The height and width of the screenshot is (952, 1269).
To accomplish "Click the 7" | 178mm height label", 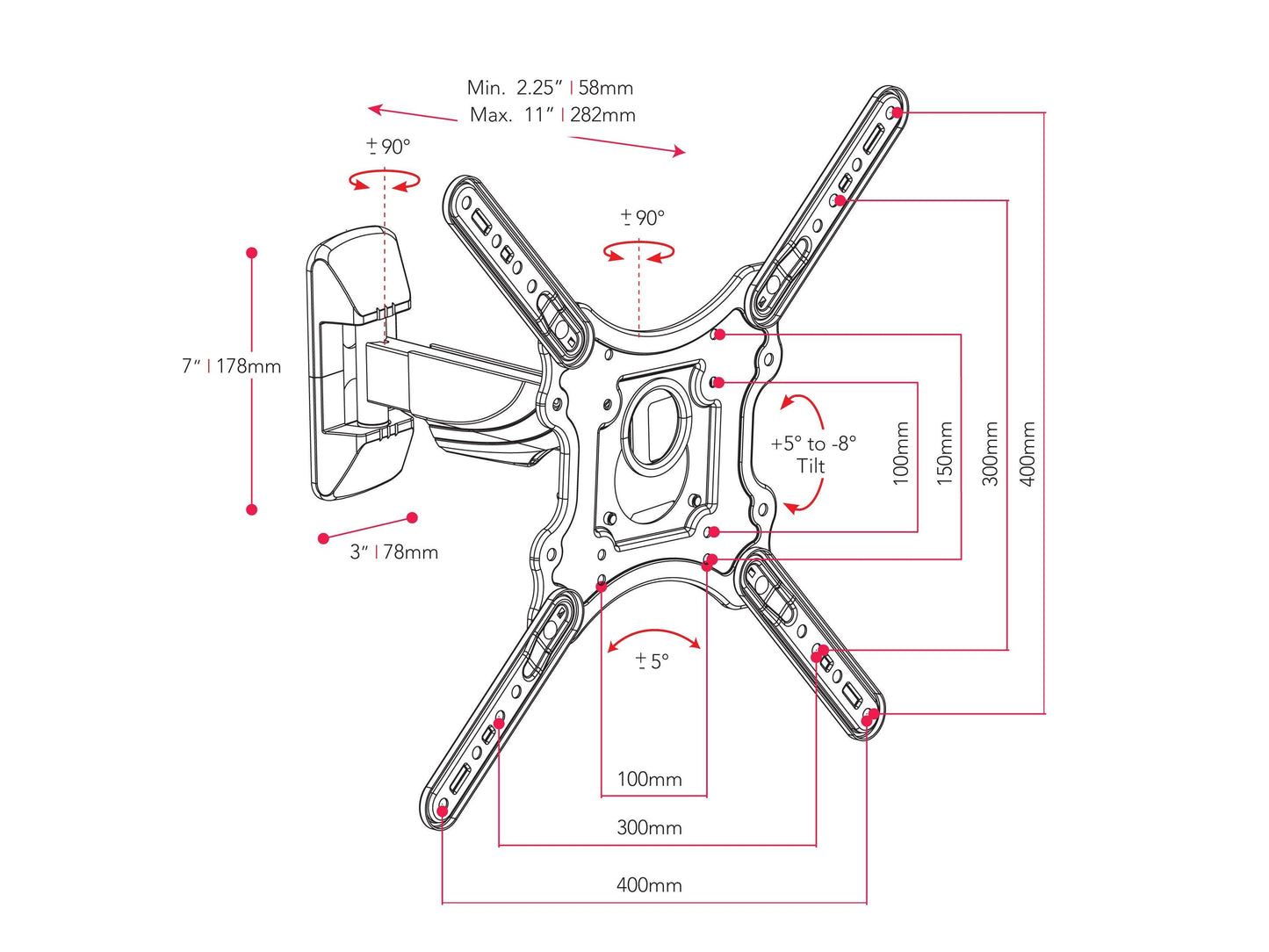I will point(231,366).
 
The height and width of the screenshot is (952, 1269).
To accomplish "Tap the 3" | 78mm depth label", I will point(393,552).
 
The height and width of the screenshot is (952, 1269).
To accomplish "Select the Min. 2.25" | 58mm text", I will point(550,87).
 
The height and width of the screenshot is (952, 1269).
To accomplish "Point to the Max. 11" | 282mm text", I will point(552,115).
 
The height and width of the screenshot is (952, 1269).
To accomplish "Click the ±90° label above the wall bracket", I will point(388,147).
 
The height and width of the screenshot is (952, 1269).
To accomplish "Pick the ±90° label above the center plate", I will point(642,218).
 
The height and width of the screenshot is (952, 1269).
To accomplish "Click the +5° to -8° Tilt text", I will point(812,454).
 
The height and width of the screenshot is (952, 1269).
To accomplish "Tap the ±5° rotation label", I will point(652,660).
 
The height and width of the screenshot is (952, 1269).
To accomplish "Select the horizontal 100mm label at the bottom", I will point(649,779).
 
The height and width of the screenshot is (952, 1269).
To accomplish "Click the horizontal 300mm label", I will point(649,827).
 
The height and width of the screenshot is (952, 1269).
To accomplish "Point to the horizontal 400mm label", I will point(649,884).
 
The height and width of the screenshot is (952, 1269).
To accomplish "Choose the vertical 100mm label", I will point(901,452).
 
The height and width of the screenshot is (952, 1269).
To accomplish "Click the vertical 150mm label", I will point(945,452).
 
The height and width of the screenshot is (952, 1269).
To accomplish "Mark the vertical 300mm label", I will point(991,452).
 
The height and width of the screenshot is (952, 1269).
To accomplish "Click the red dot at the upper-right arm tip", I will point(895,112).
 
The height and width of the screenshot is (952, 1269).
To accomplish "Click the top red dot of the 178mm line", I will point(252,253).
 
